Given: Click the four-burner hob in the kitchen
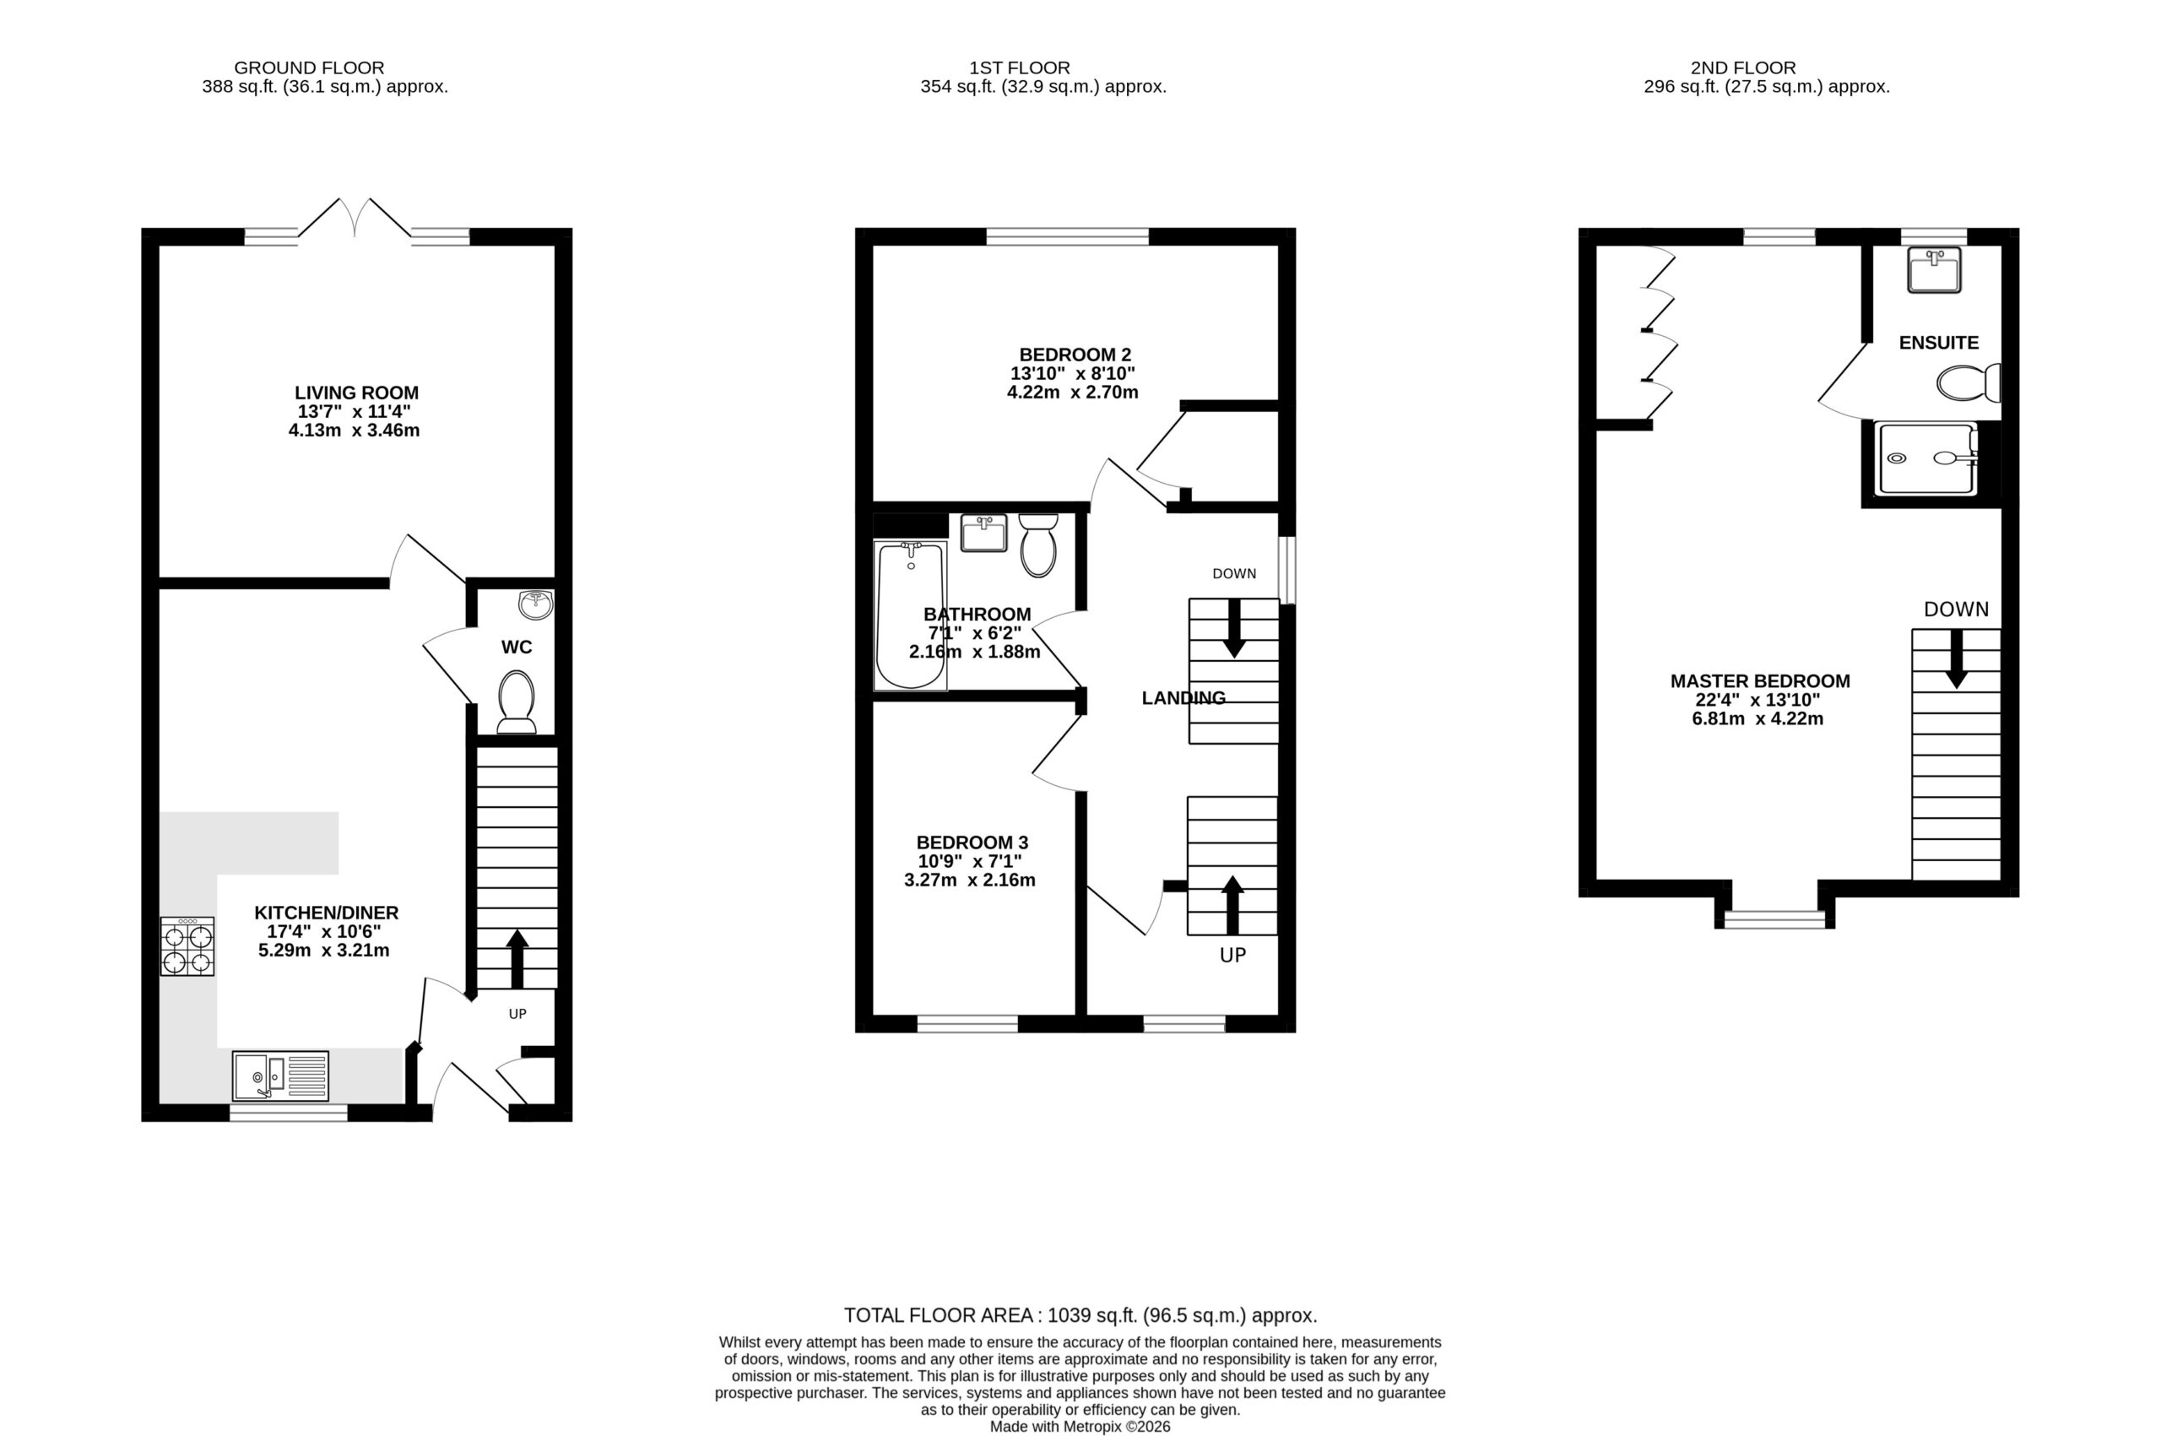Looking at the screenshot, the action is (187, 946).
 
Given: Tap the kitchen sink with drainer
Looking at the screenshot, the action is (280, 1076).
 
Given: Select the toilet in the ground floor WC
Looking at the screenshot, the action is (517, 702).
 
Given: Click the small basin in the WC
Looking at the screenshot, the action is (536, 604).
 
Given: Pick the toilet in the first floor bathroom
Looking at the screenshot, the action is (1038, 545).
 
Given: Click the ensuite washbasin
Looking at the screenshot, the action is (1934, 269).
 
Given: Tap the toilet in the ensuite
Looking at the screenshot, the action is (1969, 382).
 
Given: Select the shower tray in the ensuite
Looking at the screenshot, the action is (1925, 458).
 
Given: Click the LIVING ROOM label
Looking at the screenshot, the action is (356, 393).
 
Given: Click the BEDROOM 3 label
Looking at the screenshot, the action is (972, 843).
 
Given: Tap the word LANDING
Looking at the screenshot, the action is (1183, 698).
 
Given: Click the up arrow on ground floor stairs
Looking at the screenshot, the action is (517, 959).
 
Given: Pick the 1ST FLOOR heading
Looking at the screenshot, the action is (1019, 68).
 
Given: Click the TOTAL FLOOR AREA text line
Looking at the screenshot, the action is (1080, 1316).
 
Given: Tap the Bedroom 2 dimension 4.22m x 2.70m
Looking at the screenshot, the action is (1072, 393).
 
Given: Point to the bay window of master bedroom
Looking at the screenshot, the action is (1774, 918).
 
